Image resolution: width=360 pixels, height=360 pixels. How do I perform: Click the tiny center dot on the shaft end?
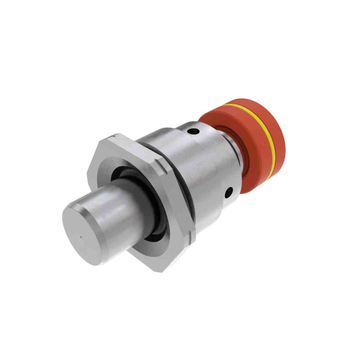pos(81,237)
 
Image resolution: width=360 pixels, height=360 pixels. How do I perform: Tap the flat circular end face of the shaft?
pos(85,231)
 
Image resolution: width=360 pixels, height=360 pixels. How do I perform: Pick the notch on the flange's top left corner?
pos(111,137)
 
